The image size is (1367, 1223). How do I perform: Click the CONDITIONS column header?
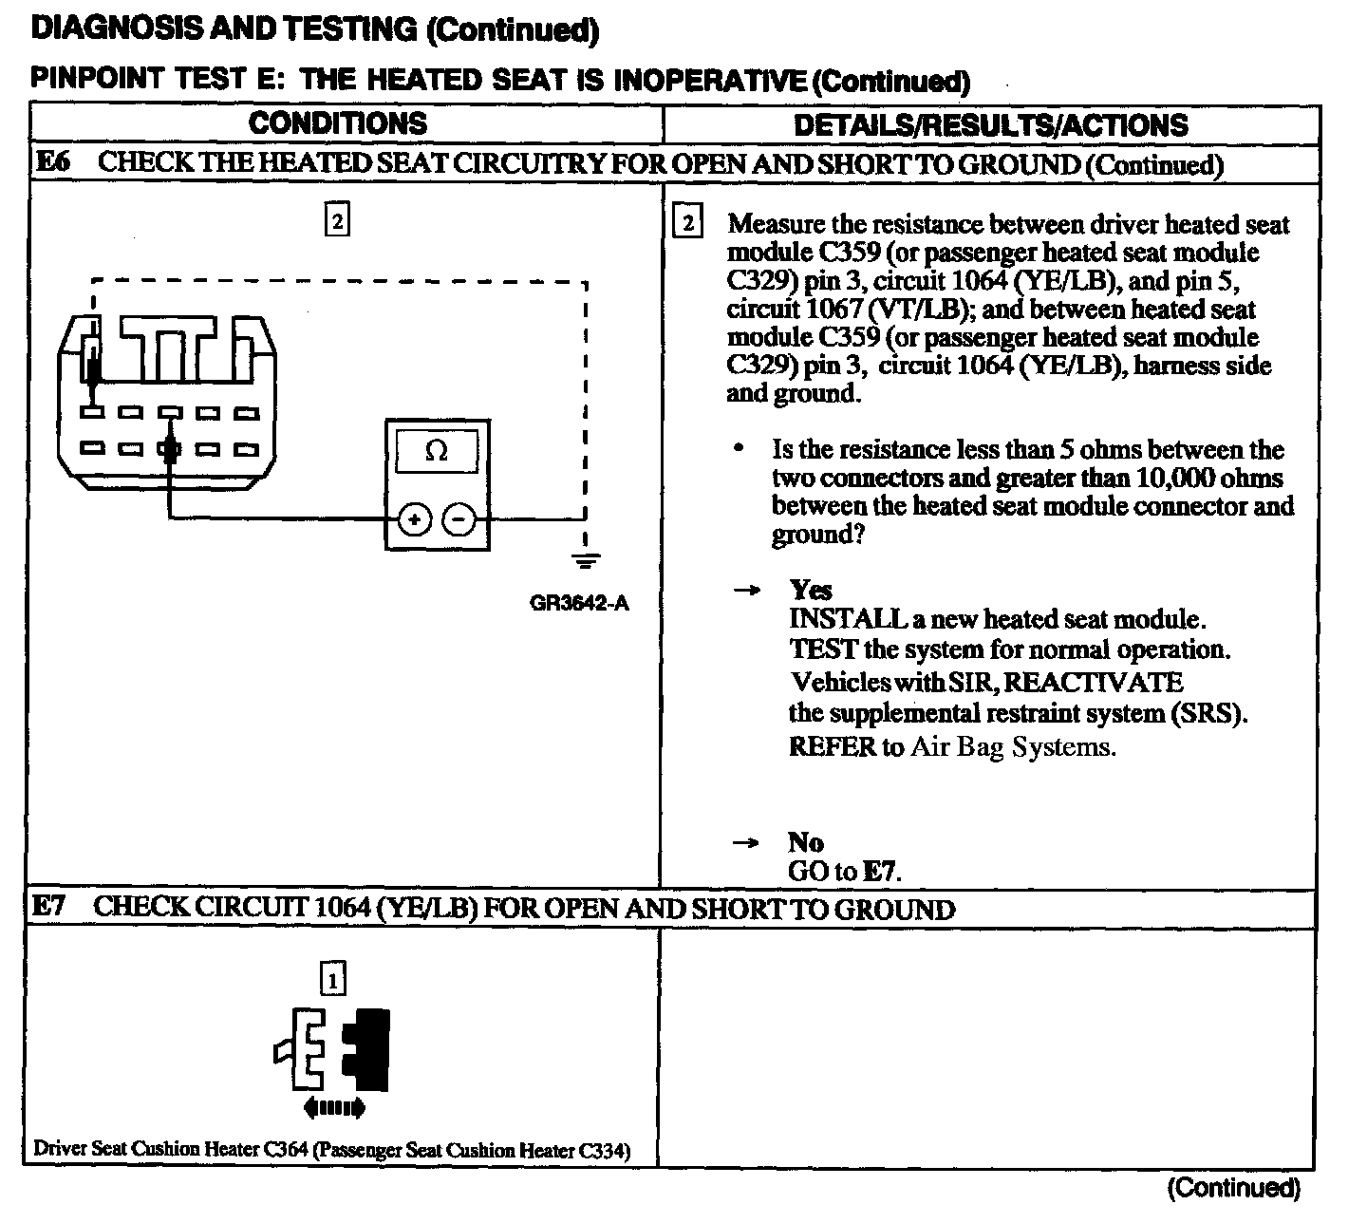pyautogui.click(x=338, y=123)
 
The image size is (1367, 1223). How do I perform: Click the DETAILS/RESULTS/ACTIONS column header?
pyautogui.click(x=990, y=125)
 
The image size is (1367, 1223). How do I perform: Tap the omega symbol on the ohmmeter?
pyautogui.click(x=437, y=451)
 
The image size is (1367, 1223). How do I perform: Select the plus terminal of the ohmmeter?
pyautogui.click(x=415, y=519)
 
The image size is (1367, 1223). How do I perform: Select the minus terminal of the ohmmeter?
pyautogui.click(x=460, y=519)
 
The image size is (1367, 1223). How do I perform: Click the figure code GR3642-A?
pyautogui.click(x=579, y=604)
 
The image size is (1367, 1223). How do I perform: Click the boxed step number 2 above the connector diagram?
pyautogui.click(x=337, y=221)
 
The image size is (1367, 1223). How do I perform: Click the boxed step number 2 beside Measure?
pyautogui.click(x=687, y=224)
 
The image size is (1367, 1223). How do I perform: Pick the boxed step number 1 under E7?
pyautogui.click(x=333, y=978)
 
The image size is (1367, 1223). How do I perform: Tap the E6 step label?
pyautogui.click(x=52, y=162)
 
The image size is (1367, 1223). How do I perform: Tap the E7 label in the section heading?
pyautogui.click(x=48, y=908)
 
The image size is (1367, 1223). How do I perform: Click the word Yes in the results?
pyautogui.click(x=810, y=591)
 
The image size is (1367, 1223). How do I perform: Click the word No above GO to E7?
pyautogui.click(x=805, y=842)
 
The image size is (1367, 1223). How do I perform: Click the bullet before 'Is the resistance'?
pyautogui.click(x=739, y=448)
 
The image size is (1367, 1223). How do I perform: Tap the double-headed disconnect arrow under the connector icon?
pyautogui.click(x=334, y=1106)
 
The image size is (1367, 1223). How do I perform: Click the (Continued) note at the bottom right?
pyautogui.click(x=1232, y=1187)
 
